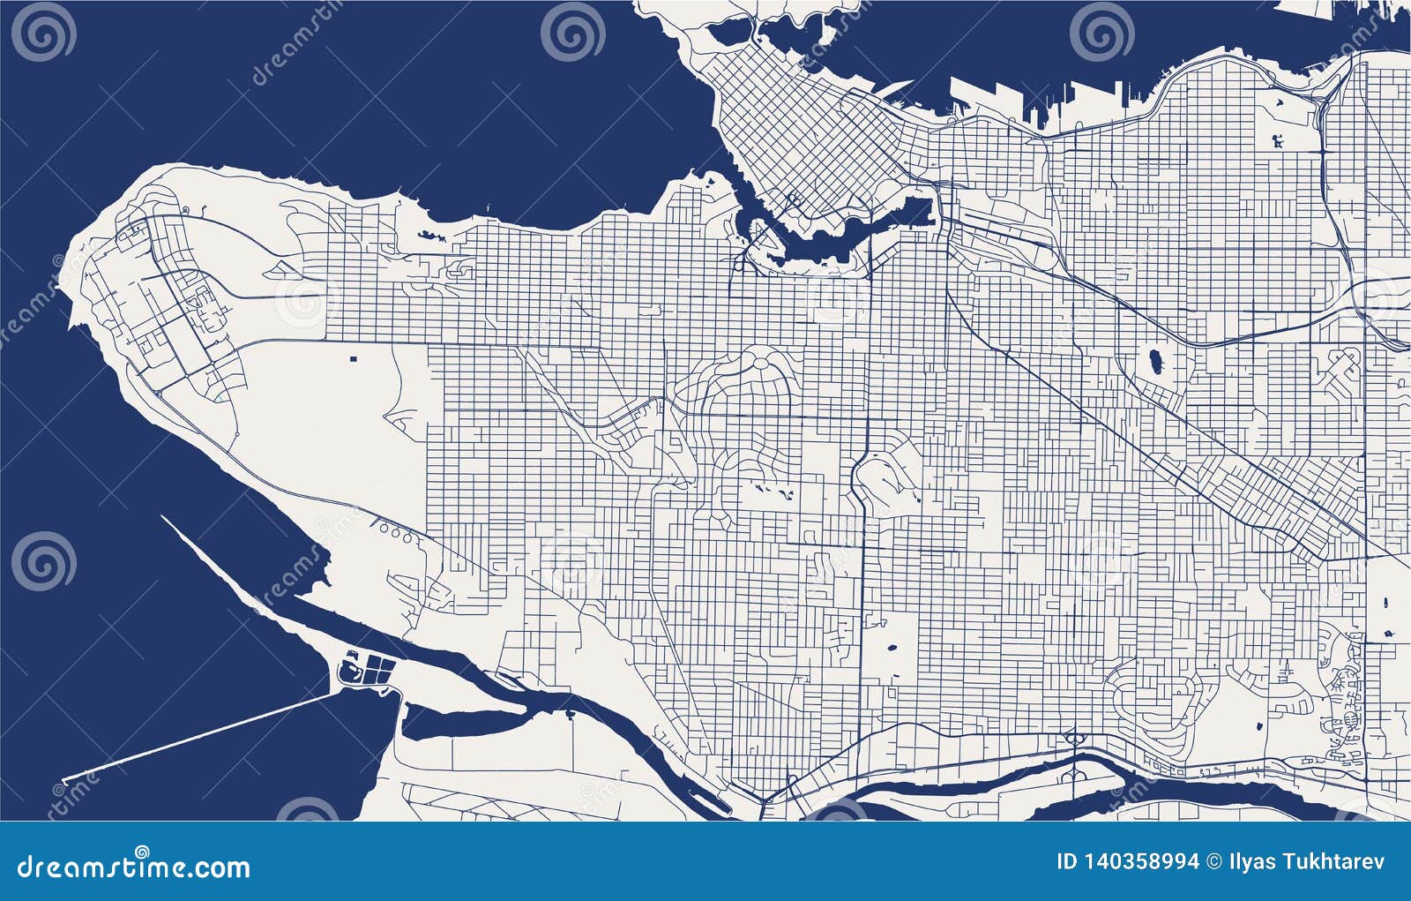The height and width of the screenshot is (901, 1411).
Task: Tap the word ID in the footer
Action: point(1067,861)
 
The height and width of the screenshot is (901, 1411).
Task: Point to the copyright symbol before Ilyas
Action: point(1214,861)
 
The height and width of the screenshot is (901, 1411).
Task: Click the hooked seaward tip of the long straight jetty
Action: point(66,781)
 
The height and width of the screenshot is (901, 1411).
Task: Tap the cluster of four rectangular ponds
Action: point(380,668)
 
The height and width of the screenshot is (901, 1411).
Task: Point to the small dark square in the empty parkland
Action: point(355,358)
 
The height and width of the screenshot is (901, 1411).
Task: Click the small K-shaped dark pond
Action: point(1280,139)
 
